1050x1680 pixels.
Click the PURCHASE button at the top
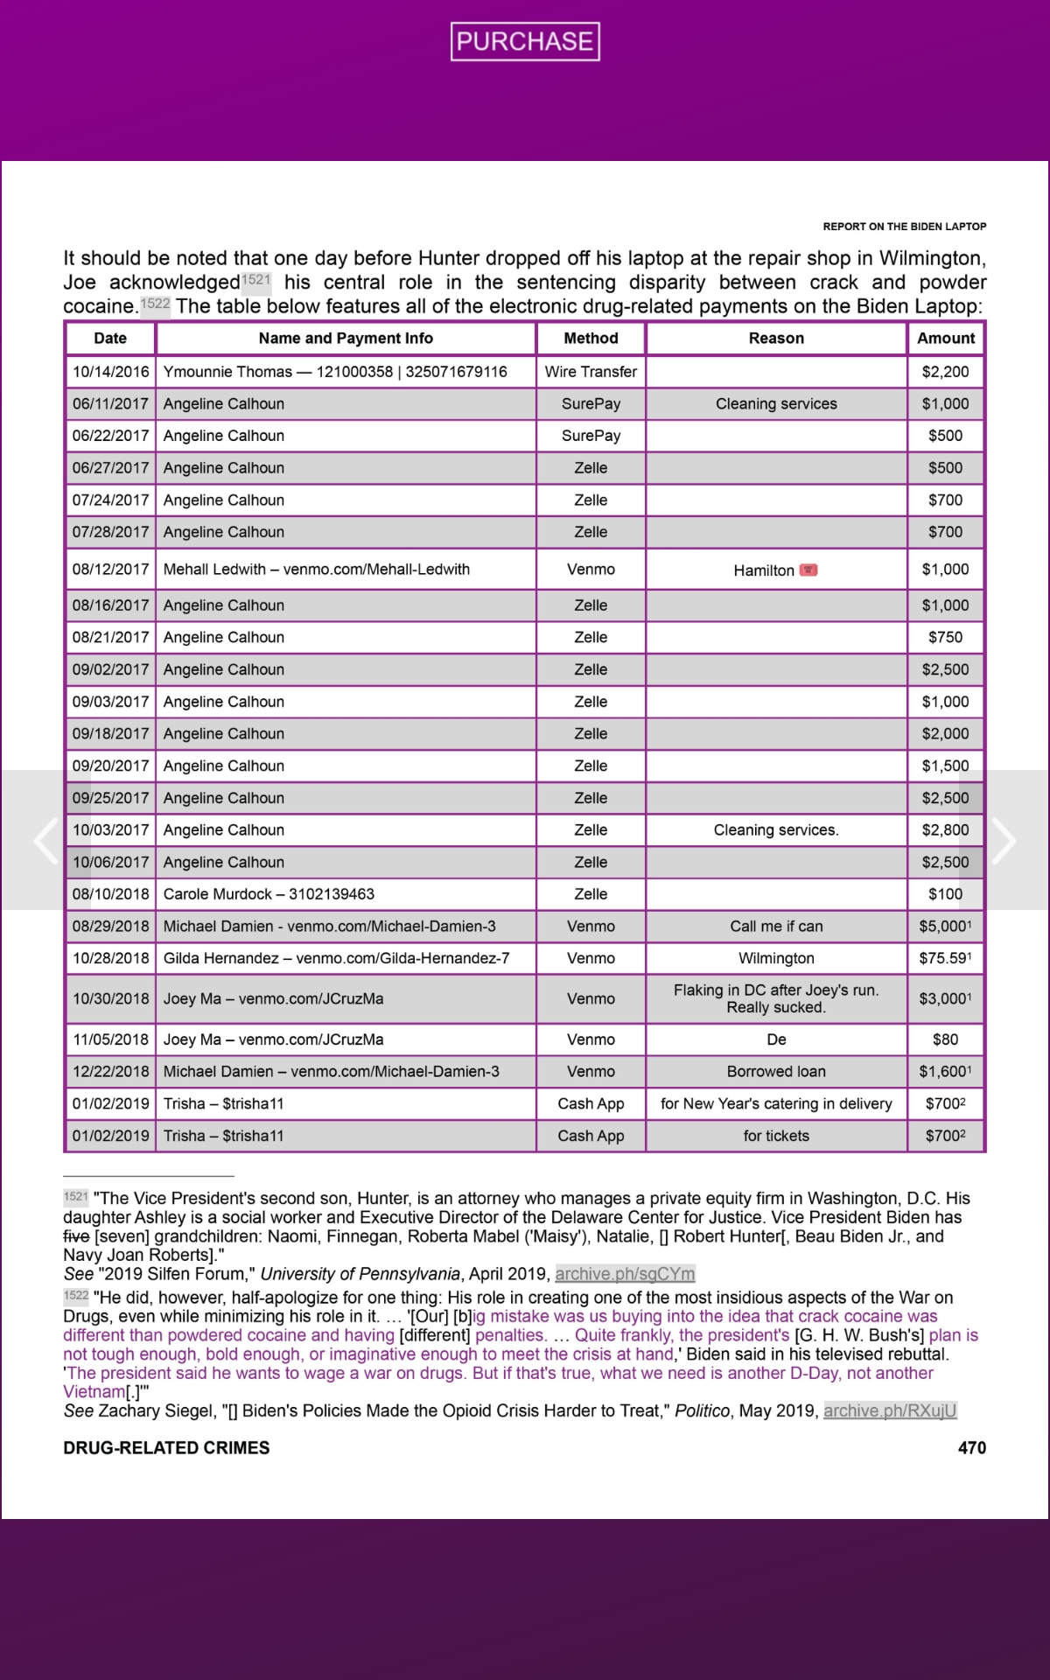pos(525,41)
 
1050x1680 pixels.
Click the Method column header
pos(591,339)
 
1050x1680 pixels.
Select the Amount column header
pos(946,339)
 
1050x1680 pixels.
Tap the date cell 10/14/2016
pos(110,372)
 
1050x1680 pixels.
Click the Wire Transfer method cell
pos(591,372)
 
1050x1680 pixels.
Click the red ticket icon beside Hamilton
pos(808,570)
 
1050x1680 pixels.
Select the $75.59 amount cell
pos(945,958)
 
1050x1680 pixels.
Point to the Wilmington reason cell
pos(776,958)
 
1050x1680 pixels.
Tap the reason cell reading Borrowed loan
pos(776,1072)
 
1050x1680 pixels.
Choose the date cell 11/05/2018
pos(110,1039)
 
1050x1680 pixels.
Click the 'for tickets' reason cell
pos(776,1136)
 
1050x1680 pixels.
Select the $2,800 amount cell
pos(945,830)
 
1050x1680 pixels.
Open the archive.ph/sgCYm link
pos(625,1274)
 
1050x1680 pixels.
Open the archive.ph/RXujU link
pos(890,1410)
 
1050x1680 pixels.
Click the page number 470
pos(971,1448)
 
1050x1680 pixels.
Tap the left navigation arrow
pos(45,841)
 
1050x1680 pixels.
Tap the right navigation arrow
pos(1004,841)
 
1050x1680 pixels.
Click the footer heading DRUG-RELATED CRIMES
pos(166,1448)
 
